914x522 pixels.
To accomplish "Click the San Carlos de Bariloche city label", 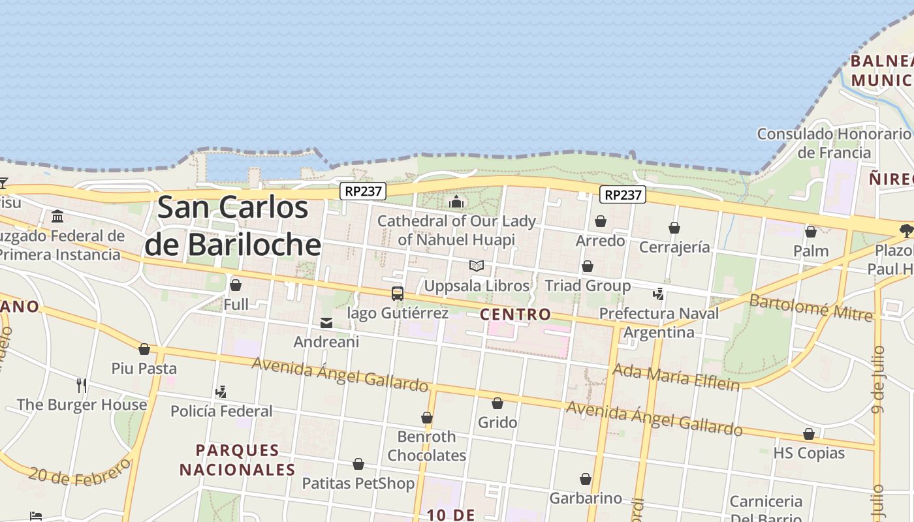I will point(233,226).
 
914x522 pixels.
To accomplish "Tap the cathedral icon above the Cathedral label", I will point(456,202).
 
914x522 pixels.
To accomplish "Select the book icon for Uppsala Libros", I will point(477,266).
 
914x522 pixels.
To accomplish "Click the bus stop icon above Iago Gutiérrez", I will point(397,294).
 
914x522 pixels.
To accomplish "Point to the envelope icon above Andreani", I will point(326,322).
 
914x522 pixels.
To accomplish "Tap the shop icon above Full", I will point(236,285).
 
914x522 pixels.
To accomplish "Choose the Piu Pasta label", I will point(144,368).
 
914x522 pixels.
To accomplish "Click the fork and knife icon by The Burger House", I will point(82,385).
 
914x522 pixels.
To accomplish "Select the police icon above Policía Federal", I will point(221,392).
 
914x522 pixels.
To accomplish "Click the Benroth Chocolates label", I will point(426,446).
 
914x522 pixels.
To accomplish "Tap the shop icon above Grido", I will point(497,403).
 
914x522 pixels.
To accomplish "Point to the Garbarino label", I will point(586,499).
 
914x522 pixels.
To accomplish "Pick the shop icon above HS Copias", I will point(809,434).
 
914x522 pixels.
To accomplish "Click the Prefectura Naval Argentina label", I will point(659,323).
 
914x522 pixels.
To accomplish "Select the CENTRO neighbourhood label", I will point(515,315).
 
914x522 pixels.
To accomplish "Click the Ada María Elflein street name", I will point(676,377).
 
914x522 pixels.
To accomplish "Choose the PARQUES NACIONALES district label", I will point(238,460).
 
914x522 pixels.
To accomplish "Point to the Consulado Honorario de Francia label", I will point(834,143).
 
